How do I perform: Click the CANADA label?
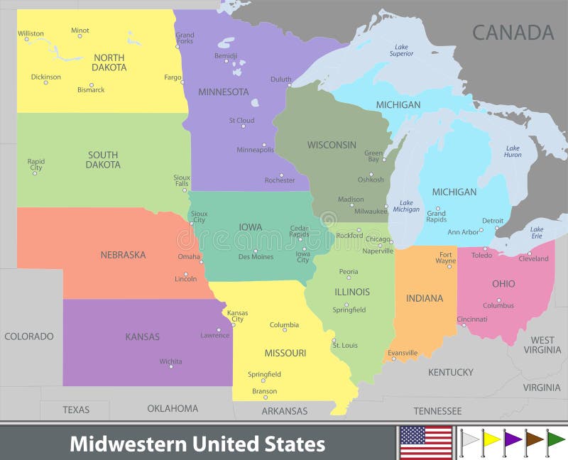coord(513,33)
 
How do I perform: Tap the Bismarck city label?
coord(91,90)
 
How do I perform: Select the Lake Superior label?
coord(401,50)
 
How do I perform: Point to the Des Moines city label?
coord(256,256)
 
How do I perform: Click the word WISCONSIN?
coord(332,145)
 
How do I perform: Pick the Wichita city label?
coord(170,361)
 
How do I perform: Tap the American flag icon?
coord(426,443)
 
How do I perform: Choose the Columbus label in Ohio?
coord(498,305)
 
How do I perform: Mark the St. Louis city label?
coord(344,345)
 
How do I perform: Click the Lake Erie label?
coord(537,232)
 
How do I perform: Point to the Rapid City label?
coord(36,165)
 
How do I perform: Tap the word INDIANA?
coord(425,298)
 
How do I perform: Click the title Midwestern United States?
coord(197,444)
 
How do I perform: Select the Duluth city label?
coord(280,80)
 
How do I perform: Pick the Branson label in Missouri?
coord(265,391)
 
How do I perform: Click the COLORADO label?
coord(29,336)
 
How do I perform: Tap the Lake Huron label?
coord(513,151)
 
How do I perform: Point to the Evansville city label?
coord(403,353)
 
